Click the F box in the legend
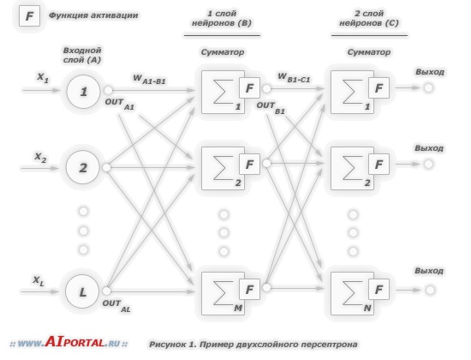[x=29, y=15]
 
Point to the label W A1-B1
[x=149, y=80]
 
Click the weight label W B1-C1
[x=294, y=78]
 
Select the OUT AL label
[x=116, y=305]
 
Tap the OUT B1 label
[x=271, y=108]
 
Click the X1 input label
[x=43, y=78]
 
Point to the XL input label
[x=39, y=281]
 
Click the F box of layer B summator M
[x=249, y=290]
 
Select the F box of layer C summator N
[x=379, y=290]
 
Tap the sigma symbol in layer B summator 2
[x=224, y=168]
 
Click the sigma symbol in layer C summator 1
[x=353, y=92]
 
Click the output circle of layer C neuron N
[x=430, y=290]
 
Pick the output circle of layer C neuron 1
[x=428, y=87]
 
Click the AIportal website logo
[x=69, y=343]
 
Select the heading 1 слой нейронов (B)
[x=222, y=18]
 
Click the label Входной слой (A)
[x=82, y=55]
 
